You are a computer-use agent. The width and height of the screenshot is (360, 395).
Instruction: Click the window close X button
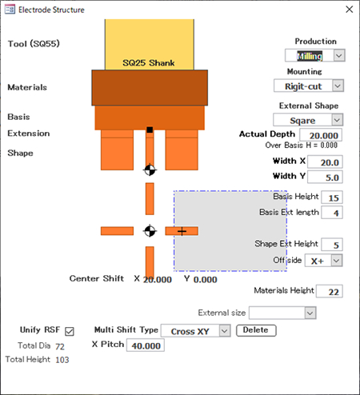pos(349,10)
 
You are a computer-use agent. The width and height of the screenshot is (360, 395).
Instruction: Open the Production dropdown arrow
pos(339,56)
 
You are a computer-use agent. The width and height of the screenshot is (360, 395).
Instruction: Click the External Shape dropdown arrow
pos(337,120)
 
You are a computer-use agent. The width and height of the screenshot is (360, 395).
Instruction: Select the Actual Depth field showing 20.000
pos(321,135)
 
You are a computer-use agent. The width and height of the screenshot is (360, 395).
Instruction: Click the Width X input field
pos(325,162)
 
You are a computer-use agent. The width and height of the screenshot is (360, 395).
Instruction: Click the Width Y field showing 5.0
pos(325,177)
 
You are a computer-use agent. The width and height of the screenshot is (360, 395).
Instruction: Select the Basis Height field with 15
pos(332,197)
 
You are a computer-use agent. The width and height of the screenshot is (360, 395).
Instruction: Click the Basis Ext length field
pos(332,213)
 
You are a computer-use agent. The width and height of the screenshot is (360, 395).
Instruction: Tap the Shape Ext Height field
pos(332,245)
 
